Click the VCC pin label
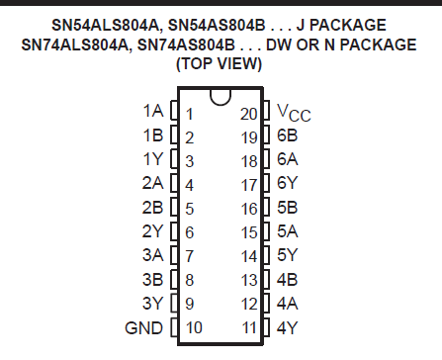click(293, 113)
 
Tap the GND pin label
click(143, 326)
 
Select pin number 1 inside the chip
click(189, 113)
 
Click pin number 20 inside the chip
click(248, 113)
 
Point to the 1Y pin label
click(152, 159)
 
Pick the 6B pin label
click(288, 135)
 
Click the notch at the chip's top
click(220, 96)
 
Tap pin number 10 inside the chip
click(193, 326)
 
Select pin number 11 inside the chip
click(249, 326)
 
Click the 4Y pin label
click(288, 326)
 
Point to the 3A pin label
click(152, 254)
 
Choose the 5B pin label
click(288, 207)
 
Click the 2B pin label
click(152, 207)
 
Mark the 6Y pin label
click(288, 183)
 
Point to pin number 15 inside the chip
click(249, 230)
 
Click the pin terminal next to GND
click(175, 326)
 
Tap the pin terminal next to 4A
click(266, 303)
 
